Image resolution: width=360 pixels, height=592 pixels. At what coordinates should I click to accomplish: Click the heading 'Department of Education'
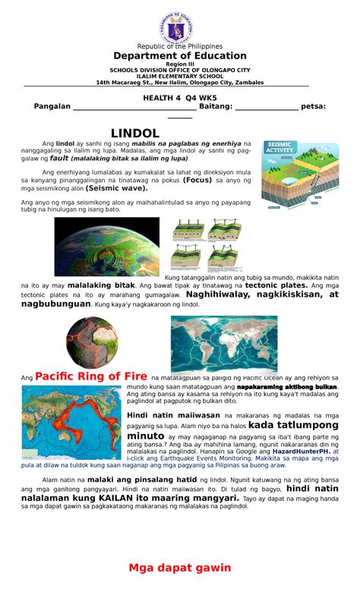180,55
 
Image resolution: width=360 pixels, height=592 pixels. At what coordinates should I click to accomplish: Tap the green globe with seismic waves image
107,247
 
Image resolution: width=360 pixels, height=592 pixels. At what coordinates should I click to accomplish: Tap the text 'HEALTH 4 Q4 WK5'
180,97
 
